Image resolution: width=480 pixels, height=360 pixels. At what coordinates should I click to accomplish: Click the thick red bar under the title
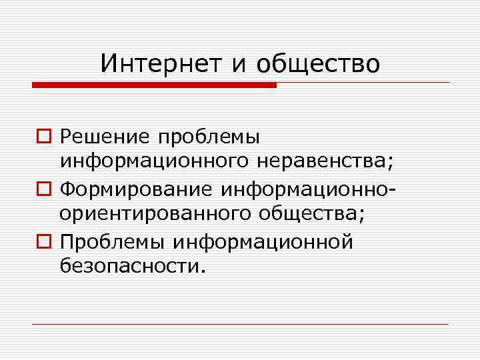(154, 85)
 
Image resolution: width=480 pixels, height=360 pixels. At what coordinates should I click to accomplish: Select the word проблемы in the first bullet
(209, 137)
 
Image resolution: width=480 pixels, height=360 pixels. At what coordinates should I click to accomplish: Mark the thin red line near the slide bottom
(240, 324)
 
